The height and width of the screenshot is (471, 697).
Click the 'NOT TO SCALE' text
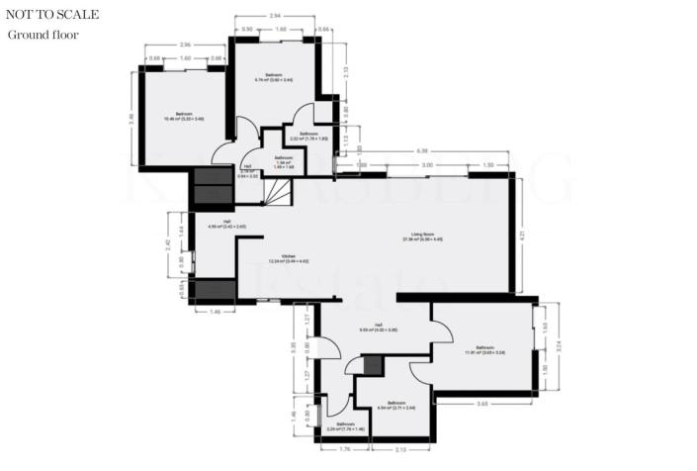(x=51, y=15)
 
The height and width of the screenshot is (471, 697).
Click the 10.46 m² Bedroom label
(x=184, y=117)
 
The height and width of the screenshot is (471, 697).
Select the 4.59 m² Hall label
(x=226, y=224)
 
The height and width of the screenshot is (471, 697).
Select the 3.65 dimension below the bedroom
(x=482, y=404)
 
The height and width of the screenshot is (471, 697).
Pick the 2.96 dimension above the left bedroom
(x=186, y=47)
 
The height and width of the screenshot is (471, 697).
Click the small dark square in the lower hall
(x=372, y=364)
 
